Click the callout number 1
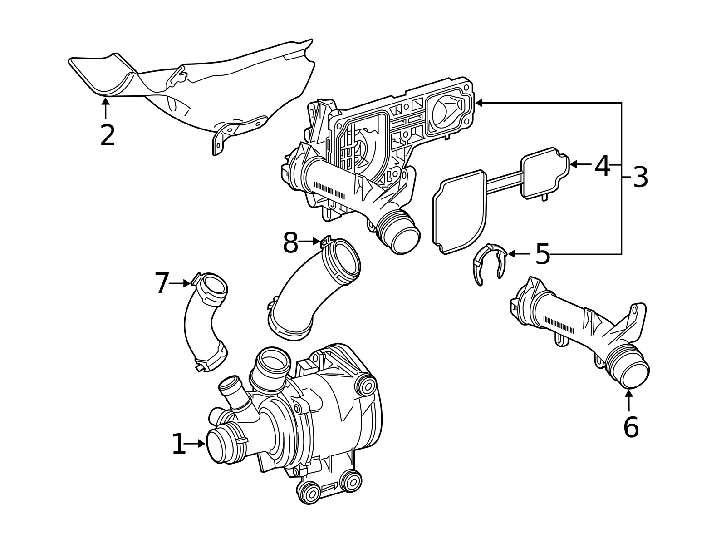pyautogui.click(x=178, y=444)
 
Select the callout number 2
pyautogui.click(x=108, y=135)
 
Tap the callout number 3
pyautogui.click(x=640, y=177)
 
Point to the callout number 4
pyautogui.click(x=602, y=166)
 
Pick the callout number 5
pyautogui.click(x=542, y=254)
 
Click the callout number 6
pyautogui.click(x=631, y=427)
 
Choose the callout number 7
pyautogui.click(x=162, y=283)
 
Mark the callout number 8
pyautogui.click(x=290, y=243)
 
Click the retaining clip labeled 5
pyautogui.click(x=489, y=263)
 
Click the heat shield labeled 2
pyautogui.click(x=204, y=91)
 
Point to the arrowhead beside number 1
pyautogui.click(x=202, y=444)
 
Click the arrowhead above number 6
pyautogui.click(x=628, y=393)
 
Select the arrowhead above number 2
pyautogui.click(x=105, y=101)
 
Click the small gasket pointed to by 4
pyautogui.click(x=544, y=173)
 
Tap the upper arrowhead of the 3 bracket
pyautogui.click(x=478, y=103)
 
